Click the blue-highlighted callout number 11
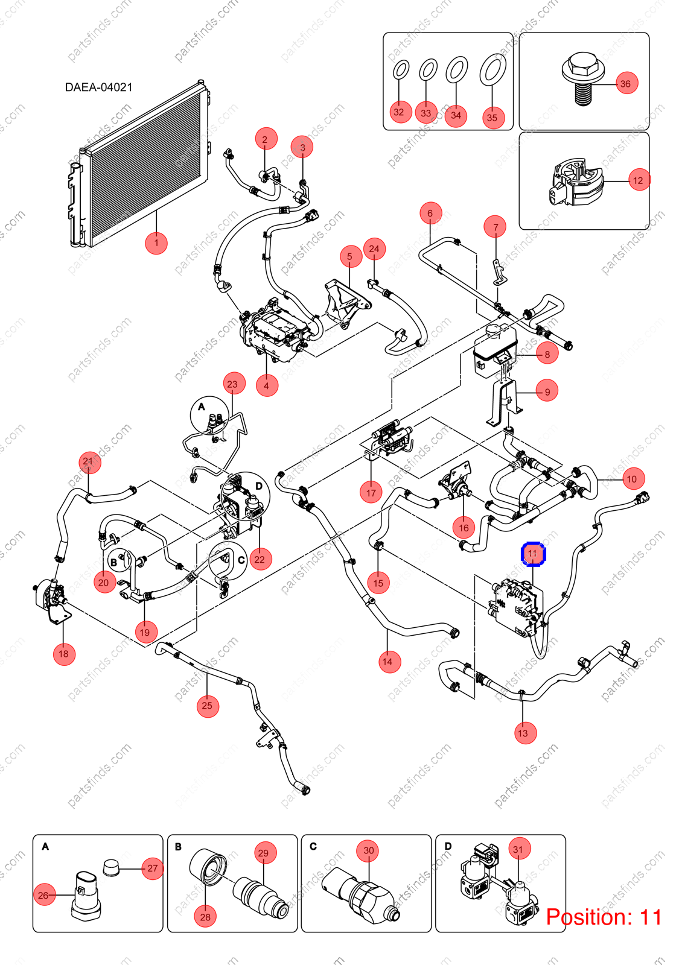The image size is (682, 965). tap(534, 554)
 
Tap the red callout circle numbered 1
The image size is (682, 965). tap(156, 243)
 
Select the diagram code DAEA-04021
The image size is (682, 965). tap(99, 87)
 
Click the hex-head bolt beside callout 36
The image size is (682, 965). tap(584, 79)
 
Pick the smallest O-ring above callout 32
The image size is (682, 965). tap(401, 70)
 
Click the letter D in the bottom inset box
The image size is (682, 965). tap(448, 846)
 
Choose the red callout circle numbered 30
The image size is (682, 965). tap(369, 850)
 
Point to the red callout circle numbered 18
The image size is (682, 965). tap(64, 654)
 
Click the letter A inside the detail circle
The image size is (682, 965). tap(202, 407)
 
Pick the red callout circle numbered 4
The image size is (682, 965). tap(267, 385)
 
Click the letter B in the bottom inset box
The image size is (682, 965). tap(179, 847)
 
